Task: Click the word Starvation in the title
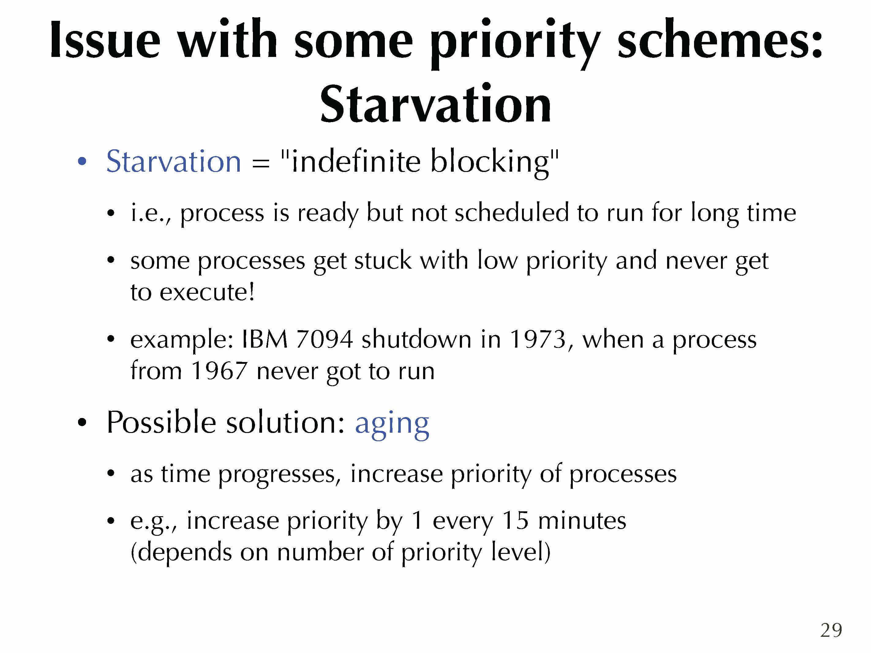(x=435, y=104)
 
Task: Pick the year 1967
(x=219, y=371)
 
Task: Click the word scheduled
(x=512, y=213)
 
